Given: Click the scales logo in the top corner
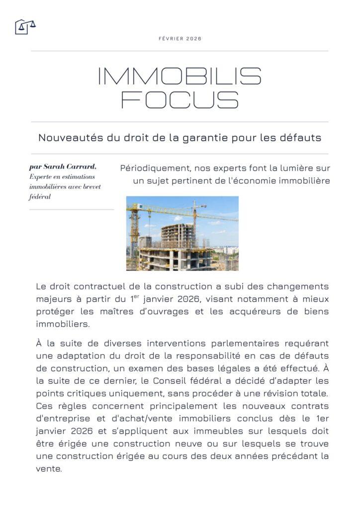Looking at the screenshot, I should pos(25,26).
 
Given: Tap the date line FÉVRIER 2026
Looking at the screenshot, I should pos(180,39).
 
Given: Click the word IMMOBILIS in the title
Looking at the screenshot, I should pos(180,76).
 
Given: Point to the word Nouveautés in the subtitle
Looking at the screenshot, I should pos(71,138).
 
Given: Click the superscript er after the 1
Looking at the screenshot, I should pos(136,297).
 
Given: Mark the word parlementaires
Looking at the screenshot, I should pos(230,343).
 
